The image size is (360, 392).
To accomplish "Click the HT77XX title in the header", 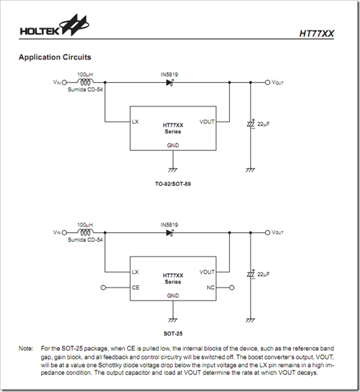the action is point(317,34).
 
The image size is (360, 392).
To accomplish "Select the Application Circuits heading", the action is point(54,57).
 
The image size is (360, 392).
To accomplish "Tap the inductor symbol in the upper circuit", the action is point(85,82).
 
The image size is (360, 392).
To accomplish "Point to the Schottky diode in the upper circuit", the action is point(170,82).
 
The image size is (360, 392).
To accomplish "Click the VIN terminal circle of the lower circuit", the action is point(64,232).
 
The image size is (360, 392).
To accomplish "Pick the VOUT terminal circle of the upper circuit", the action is point(267,82).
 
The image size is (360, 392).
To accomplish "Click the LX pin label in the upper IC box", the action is point(135,121).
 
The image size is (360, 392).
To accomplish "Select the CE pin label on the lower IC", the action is point(135,287).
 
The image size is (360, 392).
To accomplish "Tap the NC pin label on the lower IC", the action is point(210,287).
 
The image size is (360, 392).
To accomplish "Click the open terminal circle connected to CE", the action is point(103,287).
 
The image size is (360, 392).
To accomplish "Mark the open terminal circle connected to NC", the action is point(232,287).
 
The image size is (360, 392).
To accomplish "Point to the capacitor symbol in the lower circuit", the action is point(251,274).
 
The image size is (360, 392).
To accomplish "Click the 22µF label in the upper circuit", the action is point(264,124).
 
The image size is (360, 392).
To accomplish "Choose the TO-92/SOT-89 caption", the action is point(173,184).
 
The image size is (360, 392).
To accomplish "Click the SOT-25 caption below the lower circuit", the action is point(173,334).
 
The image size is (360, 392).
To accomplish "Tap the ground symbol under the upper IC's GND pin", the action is point(173,170).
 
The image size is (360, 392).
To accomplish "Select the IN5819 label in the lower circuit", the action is point(169,225).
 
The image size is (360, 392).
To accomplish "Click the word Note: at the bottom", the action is point(26,348).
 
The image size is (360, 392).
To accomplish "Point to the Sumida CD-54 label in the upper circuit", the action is point(85,90).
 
